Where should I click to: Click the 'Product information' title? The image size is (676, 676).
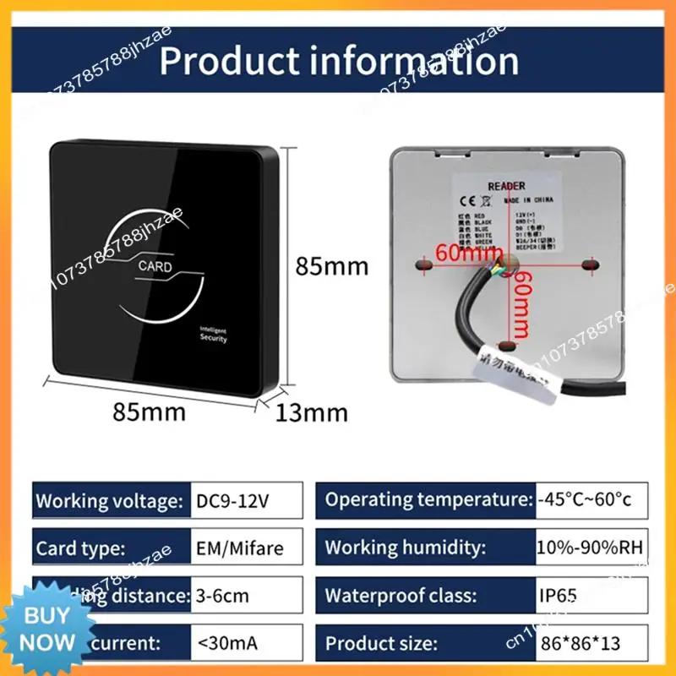[339, 61]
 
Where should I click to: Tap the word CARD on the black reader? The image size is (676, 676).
[155, 267]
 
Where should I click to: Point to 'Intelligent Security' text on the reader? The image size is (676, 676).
[213, 334]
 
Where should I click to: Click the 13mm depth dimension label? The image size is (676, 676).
[312, 412]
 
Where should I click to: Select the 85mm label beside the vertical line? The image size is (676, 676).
[331, 266]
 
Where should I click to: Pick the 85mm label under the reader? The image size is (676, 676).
[150, 414]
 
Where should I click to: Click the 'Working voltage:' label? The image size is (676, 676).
[107, 500]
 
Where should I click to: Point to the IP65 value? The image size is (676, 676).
[557, 597]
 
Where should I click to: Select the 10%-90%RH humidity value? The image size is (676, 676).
[590, 548]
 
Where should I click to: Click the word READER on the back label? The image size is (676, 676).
[506, 185]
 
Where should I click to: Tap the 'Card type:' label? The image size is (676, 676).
[81, 548]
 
